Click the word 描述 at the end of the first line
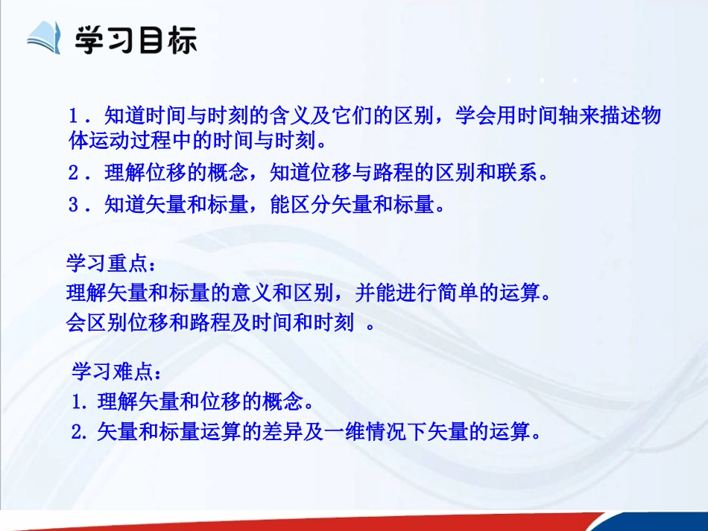[x=613, y=117]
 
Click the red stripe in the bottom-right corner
[x=656, y=521]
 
